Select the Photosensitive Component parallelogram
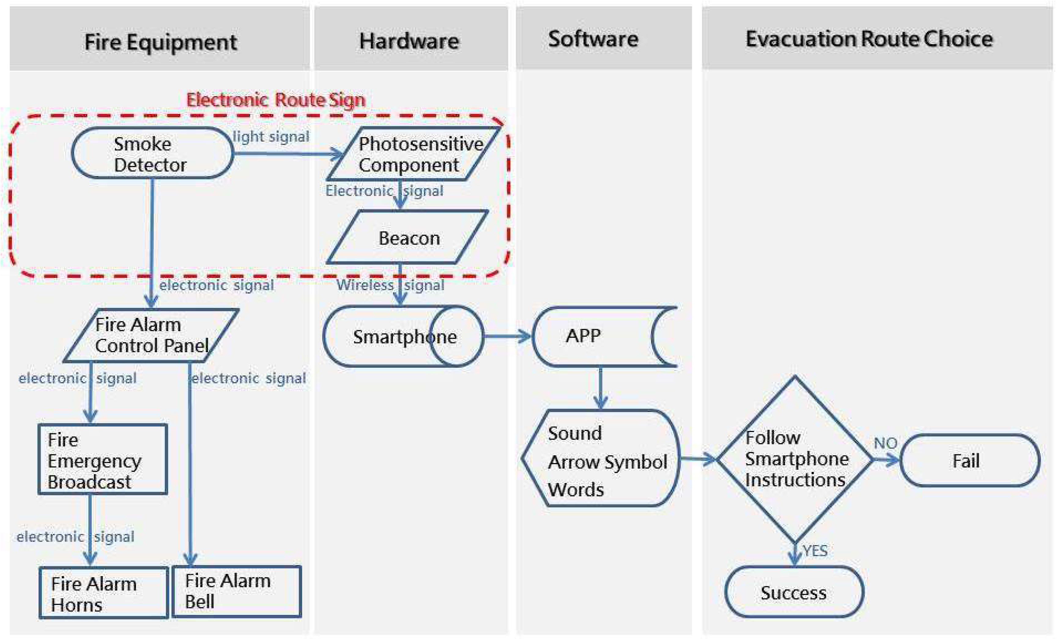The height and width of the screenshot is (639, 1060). point(413,154)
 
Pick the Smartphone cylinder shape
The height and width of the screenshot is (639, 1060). point(403,337)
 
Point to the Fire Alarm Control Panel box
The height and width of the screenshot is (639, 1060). point(150,335)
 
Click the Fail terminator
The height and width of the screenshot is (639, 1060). point(970,461)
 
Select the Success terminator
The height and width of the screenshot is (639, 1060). point(794,593)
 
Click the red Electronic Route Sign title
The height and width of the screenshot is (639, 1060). point(275,100)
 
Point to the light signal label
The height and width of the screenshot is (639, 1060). point(271,137)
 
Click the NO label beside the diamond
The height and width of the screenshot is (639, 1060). point(885,443)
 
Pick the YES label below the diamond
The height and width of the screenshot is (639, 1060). point(815,551)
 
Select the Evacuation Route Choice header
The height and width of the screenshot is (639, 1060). point(869,39)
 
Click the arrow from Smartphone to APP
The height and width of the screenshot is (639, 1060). point(508,337)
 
